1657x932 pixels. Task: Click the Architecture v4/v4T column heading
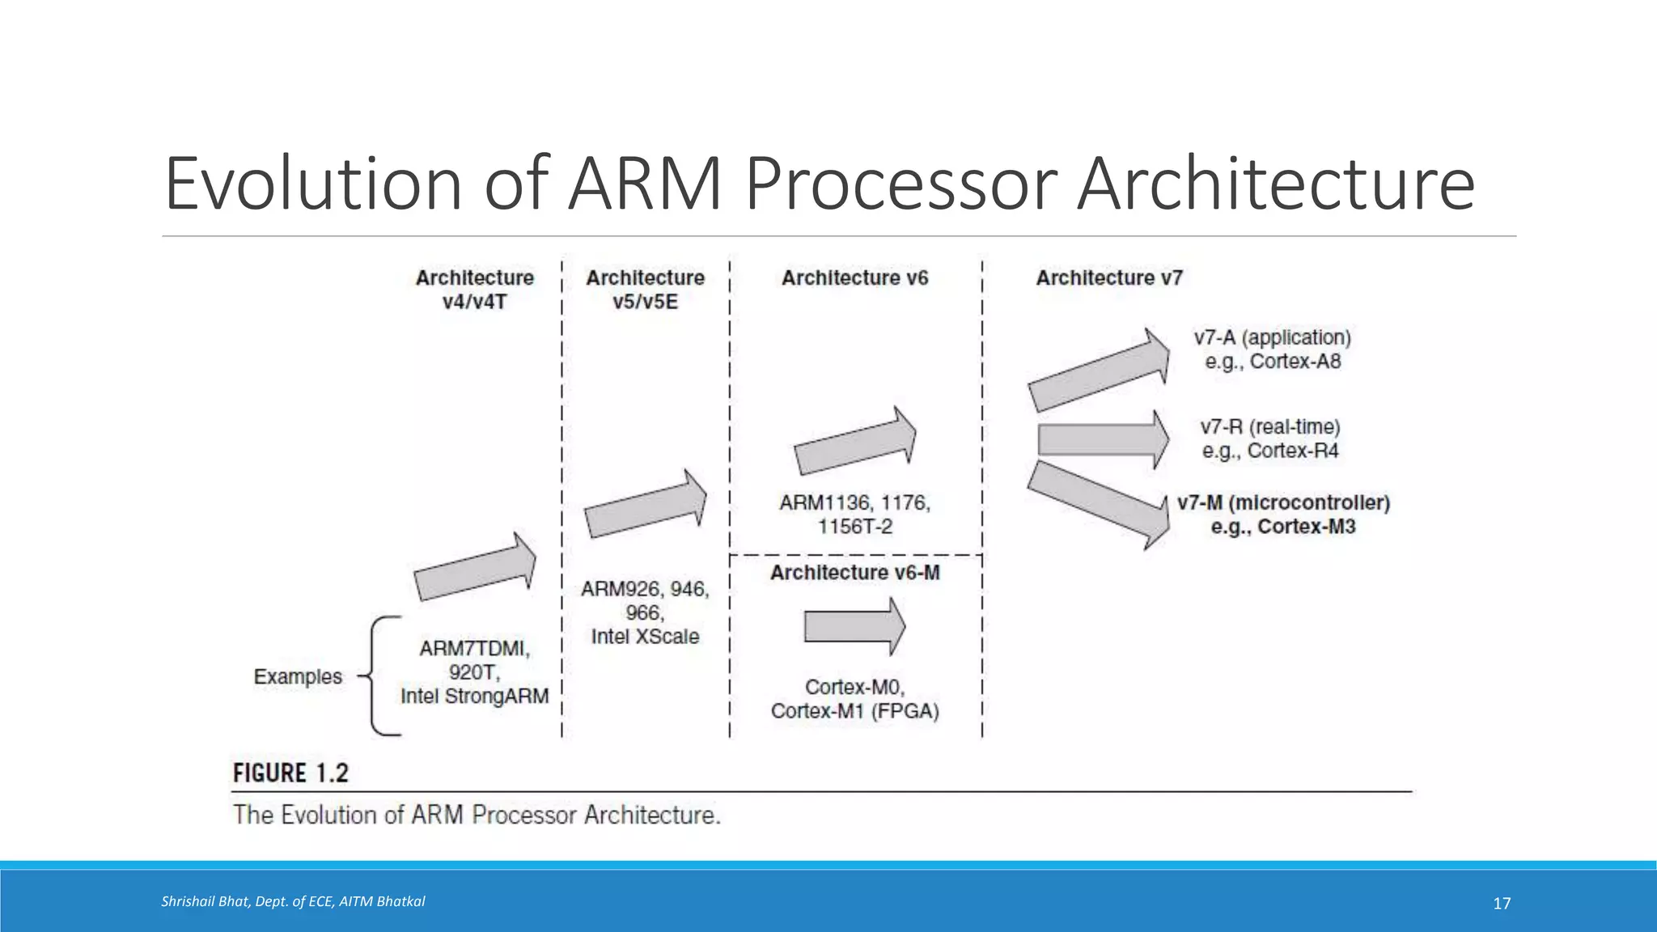(474, 290)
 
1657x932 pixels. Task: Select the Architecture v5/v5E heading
(645, 290)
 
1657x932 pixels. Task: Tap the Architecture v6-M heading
(854, 573)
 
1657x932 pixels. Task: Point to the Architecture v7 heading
(1109, 277)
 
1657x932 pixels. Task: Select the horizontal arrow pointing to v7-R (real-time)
(1102, 439)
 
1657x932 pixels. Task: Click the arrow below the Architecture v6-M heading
(854, 626)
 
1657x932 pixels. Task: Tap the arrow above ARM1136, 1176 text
(854, 442)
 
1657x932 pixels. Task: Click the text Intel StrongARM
(474, 696)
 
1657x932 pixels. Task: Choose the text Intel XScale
(645, 637)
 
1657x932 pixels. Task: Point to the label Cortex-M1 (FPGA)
(854, 711)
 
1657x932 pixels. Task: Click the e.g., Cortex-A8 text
(1273, 362)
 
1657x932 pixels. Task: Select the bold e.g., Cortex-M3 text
(1282, 527)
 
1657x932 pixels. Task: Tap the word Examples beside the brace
(298, 676)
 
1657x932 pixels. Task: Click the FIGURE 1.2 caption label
(290, 773)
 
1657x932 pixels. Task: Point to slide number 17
(1502, 904)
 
